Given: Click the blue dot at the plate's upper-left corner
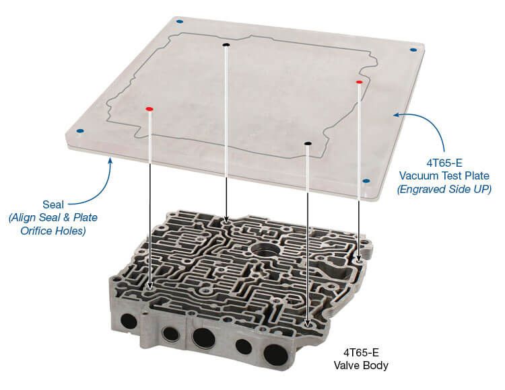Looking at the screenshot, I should (x=179, y=22).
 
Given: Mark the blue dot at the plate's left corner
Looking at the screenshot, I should (x=80, y=130).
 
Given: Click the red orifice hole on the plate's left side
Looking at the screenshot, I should (x=149, y=108).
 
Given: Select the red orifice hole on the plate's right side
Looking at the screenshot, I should (x=359, y=81).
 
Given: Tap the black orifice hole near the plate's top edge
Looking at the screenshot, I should (x=226, y=46).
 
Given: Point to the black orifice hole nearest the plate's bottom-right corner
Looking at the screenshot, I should (x=308, y=143).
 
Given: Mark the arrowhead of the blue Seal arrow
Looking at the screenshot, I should (x=110, y=159).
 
